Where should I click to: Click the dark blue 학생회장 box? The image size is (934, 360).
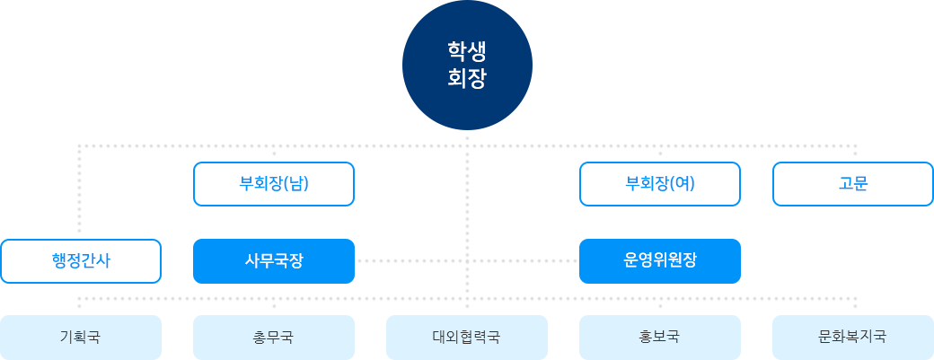point(466,65)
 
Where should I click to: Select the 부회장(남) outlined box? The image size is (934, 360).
point(274,184)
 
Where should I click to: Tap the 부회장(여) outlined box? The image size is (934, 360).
point(660,184)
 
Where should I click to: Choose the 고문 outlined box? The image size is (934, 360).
point(853,184)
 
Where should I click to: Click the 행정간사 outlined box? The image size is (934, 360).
point(81,261)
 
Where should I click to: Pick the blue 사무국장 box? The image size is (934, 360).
point(274,260)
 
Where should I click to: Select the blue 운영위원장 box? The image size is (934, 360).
point(659,260)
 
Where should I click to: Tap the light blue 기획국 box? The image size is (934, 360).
point(81,337)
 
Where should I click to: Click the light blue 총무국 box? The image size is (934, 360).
point(274,337)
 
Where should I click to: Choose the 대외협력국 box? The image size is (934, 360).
point(466,337)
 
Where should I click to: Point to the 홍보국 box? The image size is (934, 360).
point(659,337)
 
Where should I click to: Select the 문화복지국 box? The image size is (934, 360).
point(852,337)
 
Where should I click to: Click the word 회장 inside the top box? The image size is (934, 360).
point(466,78)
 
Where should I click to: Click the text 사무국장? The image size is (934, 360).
point(274,260)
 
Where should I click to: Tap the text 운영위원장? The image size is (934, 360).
point(659,260)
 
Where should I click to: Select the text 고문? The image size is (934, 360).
point(853,184)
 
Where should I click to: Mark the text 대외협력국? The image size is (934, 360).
point(466,338)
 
